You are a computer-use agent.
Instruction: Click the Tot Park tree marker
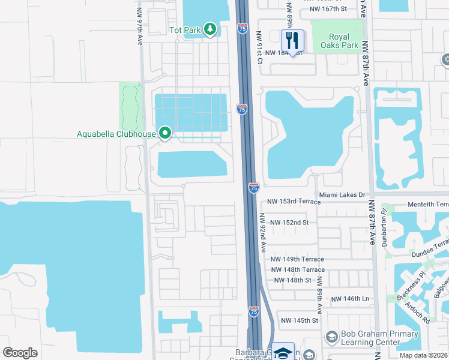pyautogui.click(x=209, y=29)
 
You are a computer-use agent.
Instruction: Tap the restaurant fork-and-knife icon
pyautogui.click(x=292, y=41)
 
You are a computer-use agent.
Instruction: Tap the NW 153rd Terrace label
pyautogui.click(x=294, y=202)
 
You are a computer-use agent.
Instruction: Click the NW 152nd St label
pyautogui.click(x=289, y=223)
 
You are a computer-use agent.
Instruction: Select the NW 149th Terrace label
pyautogui.click(x=297, y=259)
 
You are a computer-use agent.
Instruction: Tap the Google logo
pyautogui.click(x=20, y=353)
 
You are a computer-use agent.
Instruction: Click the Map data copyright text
pyautogui.click(x=423, y=355)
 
